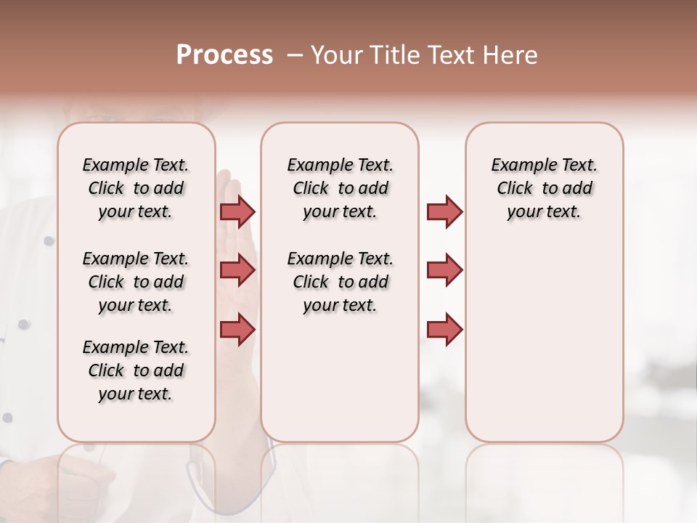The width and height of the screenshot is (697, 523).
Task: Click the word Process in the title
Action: coord(224,55)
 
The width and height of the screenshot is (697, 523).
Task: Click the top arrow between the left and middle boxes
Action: coord(237,211)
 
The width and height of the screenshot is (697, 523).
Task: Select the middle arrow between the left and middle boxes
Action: coord(237,270)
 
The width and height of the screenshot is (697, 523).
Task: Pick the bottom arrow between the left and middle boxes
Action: coord(237,329)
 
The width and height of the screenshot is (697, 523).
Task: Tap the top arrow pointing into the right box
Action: coord(444,211)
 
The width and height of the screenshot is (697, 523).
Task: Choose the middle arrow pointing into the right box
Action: coord(444,270)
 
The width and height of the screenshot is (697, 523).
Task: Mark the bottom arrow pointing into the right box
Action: coord(444,329)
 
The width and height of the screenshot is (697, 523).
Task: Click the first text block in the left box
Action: coord(136,188)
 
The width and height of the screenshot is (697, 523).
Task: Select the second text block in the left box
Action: coord(136,282)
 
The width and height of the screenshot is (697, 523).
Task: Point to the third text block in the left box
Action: coord(136,370)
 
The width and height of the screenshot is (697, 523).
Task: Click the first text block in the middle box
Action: coord(340,188)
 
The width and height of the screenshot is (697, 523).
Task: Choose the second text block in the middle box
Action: coord(340,282)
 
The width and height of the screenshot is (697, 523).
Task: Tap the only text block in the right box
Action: coord(544,188)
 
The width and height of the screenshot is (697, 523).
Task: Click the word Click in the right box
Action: coord(515,188)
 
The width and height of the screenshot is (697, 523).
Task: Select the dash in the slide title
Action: coord(295,55)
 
